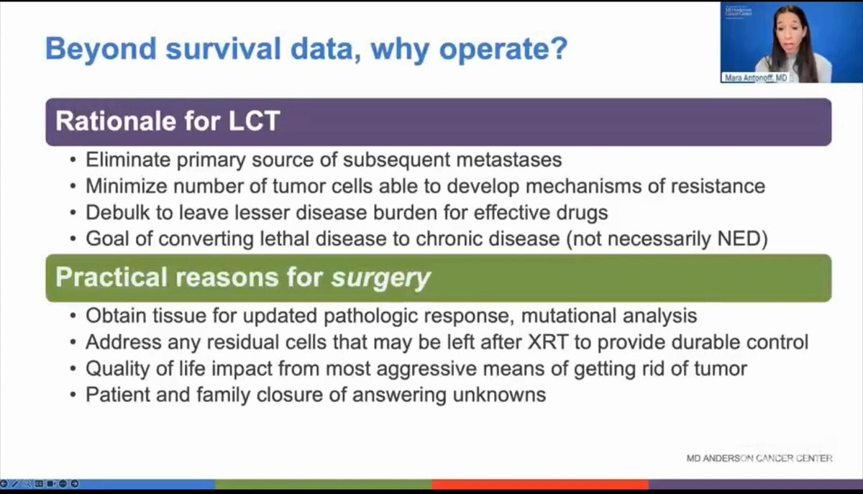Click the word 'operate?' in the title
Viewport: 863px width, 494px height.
503,49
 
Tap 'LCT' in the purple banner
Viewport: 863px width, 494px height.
254,121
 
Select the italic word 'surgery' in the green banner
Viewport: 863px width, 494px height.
380,278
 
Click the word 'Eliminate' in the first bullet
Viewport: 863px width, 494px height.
128,160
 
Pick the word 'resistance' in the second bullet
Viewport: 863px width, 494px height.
718,186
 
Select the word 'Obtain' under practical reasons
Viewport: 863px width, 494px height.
116,316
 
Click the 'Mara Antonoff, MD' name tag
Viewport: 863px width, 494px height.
756,78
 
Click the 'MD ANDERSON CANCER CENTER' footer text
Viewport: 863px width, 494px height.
759,458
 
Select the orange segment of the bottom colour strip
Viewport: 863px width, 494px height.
540,484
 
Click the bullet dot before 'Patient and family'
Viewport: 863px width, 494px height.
73,395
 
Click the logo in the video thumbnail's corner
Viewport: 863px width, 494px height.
738,12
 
